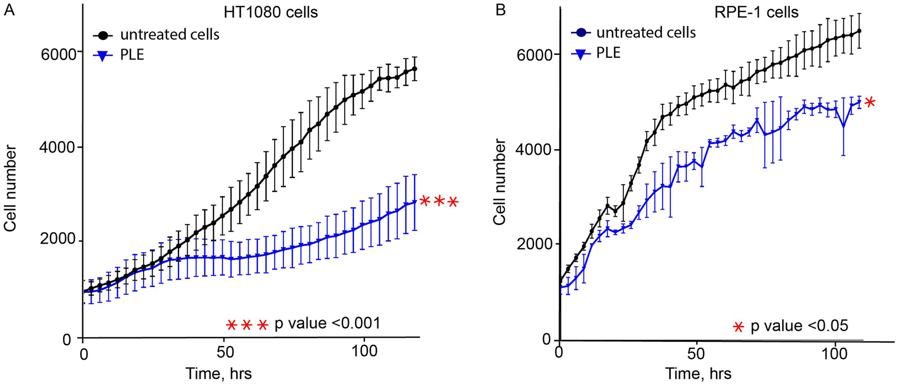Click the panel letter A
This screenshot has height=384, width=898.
point(9,10)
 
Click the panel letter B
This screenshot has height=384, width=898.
point(501,10)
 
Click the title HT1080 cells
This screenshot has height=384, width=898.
point(271,12)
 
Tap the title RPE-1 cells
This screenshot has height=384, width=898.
point(756,12)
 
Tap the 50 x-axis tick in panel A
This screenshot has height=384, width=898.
point(224,352)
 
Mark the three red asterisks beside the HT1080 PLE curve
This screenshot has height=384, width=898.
point(439,202)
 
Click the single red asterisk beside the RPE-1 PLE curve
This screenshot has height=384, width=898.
point(870,103)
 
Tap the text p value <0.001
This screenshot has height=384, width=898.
point(327,324)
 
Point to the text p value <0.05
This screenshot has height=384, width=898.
point(799,326)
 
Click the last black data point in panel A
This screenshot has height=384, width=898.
point(415,69)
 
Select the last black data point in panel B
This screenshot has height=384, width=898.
point(859,31)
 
